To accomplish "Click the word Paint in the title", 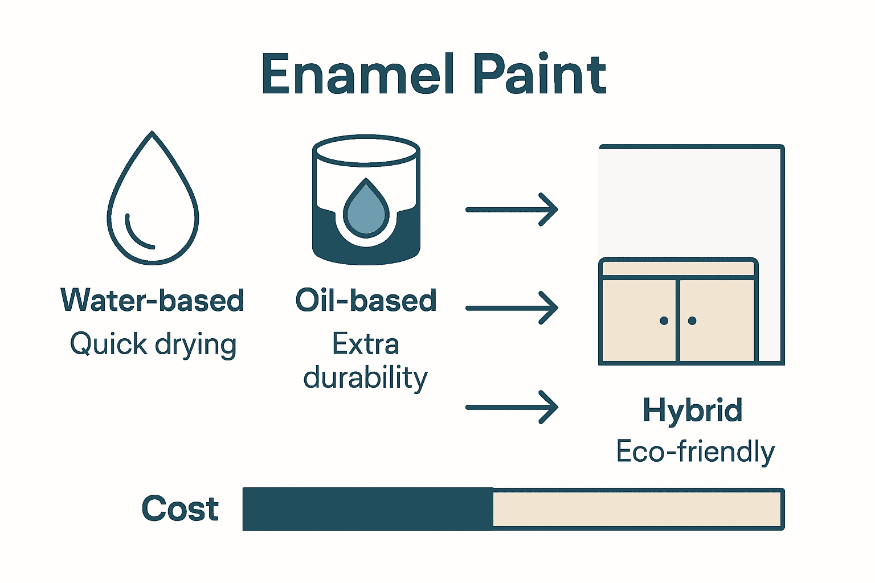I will coord(539,75).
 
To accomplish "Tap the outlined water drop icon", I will coord(153,199).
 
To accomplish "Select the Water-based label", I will coord(153,300).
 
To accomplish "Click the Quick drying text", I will coord(153,344).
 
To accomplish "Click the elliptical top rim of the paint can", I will coord(366,150).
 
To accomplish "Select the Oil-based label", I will coord(366,300).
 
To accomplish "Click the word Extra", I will coord(366,344).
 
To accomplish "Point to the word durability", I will coord(366,377).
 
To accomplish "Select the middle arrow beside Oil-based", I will coord(511,308).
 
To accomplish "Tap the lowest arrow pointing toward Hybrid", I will coord(511,407).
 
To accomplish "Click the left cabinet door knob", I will coord(664,321).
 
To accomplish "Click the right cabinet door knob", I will coord(692,321).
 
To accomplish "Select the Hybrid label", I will coord(693,410).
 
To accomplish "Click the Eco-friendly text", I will coord(695,452).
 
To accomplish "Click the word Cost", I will coord(180,508).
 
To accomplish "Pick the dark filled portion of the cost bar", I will coord(367,509).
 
